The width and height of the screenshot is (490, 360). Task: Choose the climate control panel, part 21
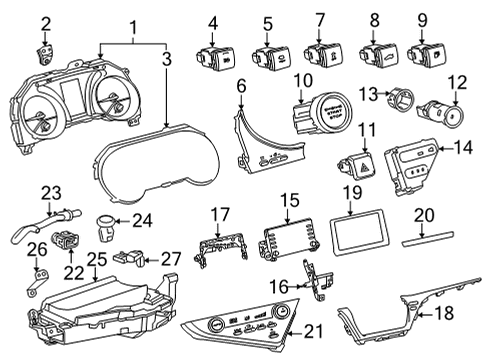pyautogui.click(x=236, y=327)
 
